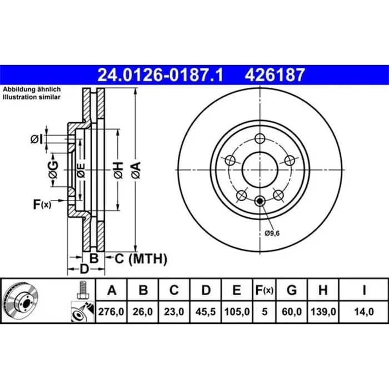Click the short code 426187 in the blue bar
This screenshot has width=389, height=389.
pyautogui.click(x=272, y=74)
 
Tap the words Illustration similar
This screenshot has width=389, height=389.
pyautogui.click(x=28, y=97)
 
